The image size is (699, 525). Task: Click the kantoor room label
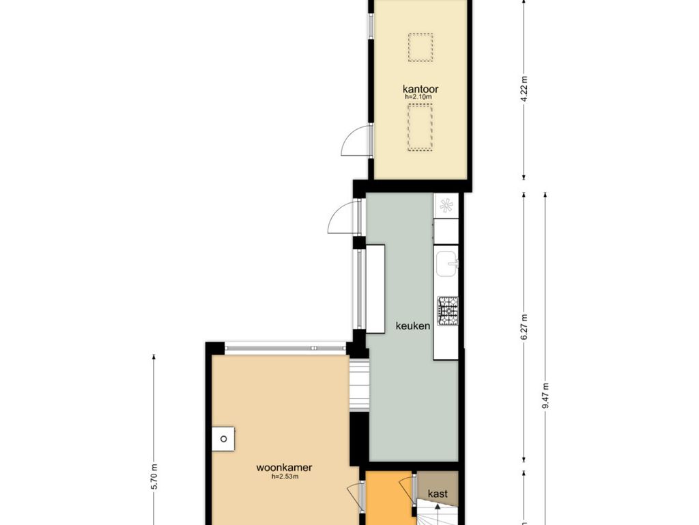pos(420,89)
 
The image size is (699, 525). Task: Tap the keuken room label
pos(413,326)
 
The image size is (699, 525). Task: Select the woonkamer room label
pos(284,468)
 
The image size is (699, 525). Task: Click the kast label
pos(438,494)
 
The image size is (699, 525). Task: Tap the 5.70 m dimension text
pos(154,476)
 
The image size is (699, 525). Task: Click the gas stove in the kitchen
pos(447,311)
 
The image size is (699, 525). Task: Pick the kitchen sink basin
pos(446,263)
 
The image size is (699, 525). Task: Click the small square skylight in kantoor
pos(420,47)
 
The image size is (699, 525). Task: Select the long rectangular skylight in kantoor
pos(420,128)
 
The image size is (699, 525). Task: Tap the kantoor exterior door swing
pos(355,141)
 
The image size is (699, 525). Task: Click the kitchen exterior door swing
pos(343,217)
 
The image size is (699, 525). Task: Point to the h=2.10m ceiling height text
pos(418,96)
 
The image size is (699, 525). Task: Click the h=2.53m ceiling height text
pos(285,476)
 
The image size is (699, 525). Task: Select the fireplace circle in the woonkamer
pos(223,439)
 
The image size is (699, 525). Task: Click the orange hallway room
pos(388,498)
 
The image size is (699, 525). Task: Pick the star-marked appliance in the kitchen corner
pos(446,206)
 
